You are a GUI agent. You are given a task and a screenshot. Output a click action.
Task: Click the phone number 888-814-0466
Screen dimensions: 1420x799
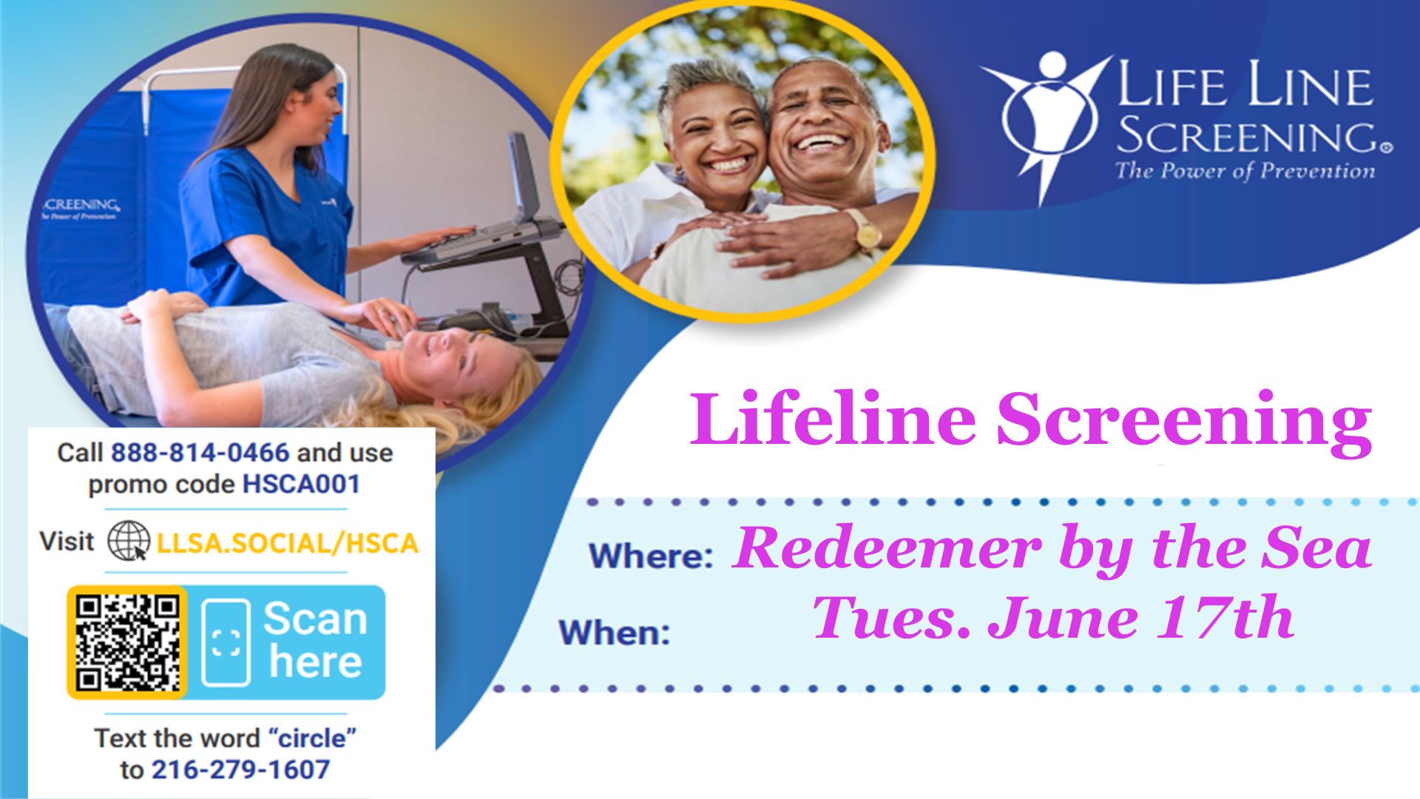[x=200, y=453]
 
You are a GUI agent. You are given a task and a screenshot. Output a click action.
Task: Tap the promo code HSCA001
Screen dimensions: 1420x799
[x=302, y=485]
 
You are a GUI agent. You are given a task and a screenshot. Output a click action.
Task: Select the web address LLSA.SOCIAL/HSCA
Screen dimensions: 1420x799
[x=288, y=544]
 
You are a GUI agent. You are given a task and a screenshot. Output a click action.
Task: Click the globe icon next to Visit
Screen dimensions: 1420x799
[x=128, y=541]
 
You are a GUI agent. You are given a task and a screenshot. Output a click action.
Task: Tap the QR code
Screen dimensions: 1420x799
[x=127, y=642]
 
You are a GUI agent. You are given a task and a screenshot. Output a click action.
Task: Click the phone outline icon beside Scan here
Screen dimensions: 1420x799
[x=226, y=643]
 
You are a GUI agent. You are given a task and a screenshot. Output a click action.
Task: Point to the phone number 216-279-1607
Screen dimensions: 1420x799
[x=240, y=770]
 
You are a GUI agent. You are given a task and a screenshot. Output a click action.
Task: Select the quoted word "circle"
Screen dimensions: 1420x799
[x=313, y=738]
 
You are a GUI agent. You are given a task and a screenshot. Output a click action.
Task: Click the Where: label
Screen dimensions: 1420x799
[x=651, y=556]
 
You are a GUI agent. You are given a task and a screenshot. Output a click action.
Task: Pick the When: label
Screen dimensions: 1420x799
[x=615, y=633]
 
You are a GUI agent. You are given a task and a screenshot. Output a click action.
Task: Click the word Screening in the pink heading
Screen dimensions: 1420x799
[x=1184, y=420]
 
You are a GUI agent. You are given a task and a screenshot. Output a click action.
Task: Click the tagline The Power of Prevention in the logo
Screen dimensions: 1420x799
[x=1245, y=172]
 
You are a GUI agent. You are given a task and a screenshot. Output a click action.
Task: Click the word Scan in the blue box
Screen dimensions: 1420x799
[x=315, y=618]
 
